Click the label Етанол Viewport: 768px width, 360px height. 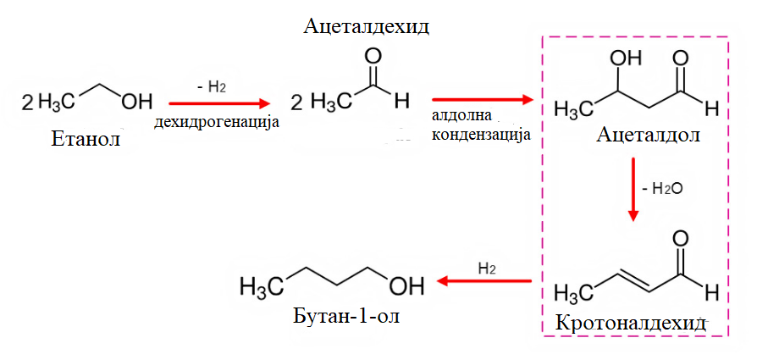tap(86, 140)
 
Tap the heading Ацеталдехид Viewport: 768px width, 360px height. tap(367, 26)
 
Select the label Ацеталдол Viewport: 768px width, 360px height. tap(649, 135)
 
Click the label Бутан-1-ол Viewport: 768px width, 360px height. tap(346, 315)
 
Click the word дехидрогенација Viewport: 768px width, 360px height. tap(217, 122)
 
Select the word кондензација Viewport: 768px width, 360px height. tap(481, 134)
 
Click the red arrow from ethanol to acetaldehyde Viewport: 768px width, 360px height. tap(219, 103)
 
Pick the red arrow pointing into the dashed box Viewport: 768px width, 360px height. tap(483, 100)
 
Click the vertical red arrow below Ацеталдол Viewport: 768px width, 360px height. tap(633, 189)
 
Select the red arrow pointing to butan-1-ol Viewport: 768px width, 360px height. tap(484, 281)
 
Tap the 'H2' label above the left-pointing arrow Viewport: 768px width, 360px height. tap(486, 268)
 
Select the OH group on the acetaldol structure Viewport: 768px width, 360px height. tap(626, 58)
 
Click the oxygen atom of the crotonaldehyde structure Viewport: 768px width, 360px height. tap(681, 240)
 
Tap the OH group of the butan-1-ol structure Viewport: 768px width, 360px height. tap(406, 286)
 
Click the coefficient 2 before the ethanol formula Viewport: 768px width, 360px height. tap(27, 102)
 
